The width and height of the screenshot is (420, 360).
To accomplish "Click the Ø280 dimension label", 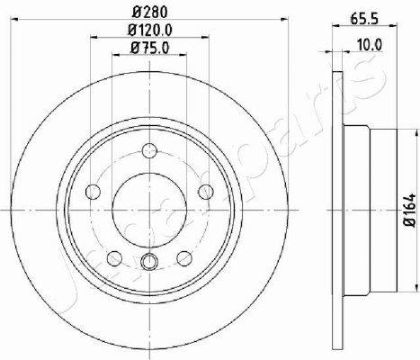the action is point(149,12).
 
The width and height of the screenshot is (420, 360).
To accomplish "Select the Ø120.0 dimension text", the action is point(150,30).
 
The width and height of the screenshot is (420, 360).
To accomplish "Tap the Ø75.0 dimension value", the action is point(150,48).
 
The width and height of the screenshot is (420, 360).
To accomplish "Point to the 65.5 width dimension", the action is point(365,19).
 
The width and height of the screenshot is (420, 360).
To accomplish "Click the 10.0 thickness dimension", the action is point(370,45).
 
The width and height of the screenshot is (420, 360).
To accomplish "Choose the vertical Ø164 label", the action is point(410,210).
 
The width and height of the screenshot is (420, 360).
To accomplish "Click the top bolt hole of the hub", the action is point(149,151).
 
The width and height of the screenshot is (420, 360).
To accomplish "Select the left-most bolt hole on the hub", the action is point(93,192).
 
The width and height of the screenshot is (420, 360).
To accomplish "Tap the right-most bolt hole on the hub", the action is point(206,192).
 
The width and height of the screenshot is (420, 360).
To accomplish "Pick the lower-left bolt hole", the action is point(115,258).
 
